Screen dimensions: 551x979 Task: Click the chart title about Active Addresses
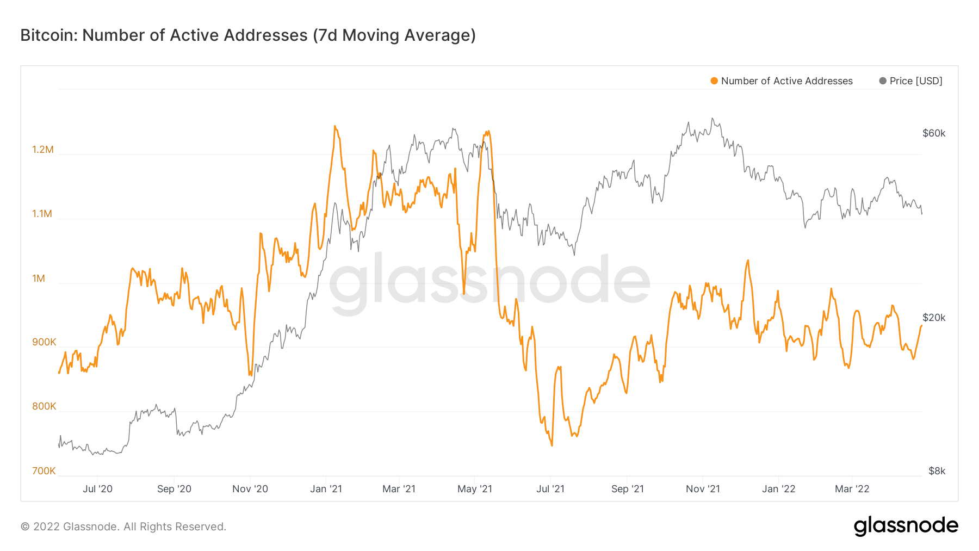coord(248,35)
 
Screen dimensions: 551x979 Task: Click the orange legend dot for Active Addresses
coord(714,81)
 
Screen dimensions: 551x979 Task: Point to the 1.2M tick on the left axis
coord(43,150)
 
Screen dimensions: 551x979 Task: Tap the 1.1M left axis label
coord(42,214)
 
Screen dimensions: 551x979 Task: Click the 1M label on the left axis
coord(39,278)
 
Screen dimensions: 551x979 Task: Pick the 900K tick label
coord(44,342)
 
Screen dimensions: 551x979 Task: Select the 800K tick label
coord(44,406)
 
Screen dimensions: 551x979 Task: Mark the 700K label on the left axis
coord(44,471)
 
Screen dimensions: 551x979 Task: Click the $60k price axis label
coord(934,133)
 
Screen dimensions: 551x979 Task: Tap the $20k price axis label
coord(934,318)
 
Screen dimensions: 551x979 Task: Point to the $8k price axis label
coord(937,471)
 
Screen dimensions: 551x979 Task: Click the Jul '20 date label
coord(97,489)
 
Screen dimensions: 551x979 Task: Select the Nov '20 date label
coord(250,489)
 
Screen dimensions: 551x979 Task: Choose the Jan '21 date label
coord(326,489)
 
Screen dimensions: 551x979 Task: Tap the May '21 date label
coord(475,489)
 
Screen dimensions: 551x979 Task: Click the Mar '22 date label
coord(852,489)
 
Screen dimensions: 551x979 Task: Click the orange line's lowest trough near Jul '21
coord(552,445)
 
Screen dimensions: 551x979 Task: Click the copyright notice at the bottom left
coord(123,527)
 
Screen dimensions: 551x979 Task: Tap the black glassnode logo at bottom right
coord(906,526)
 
